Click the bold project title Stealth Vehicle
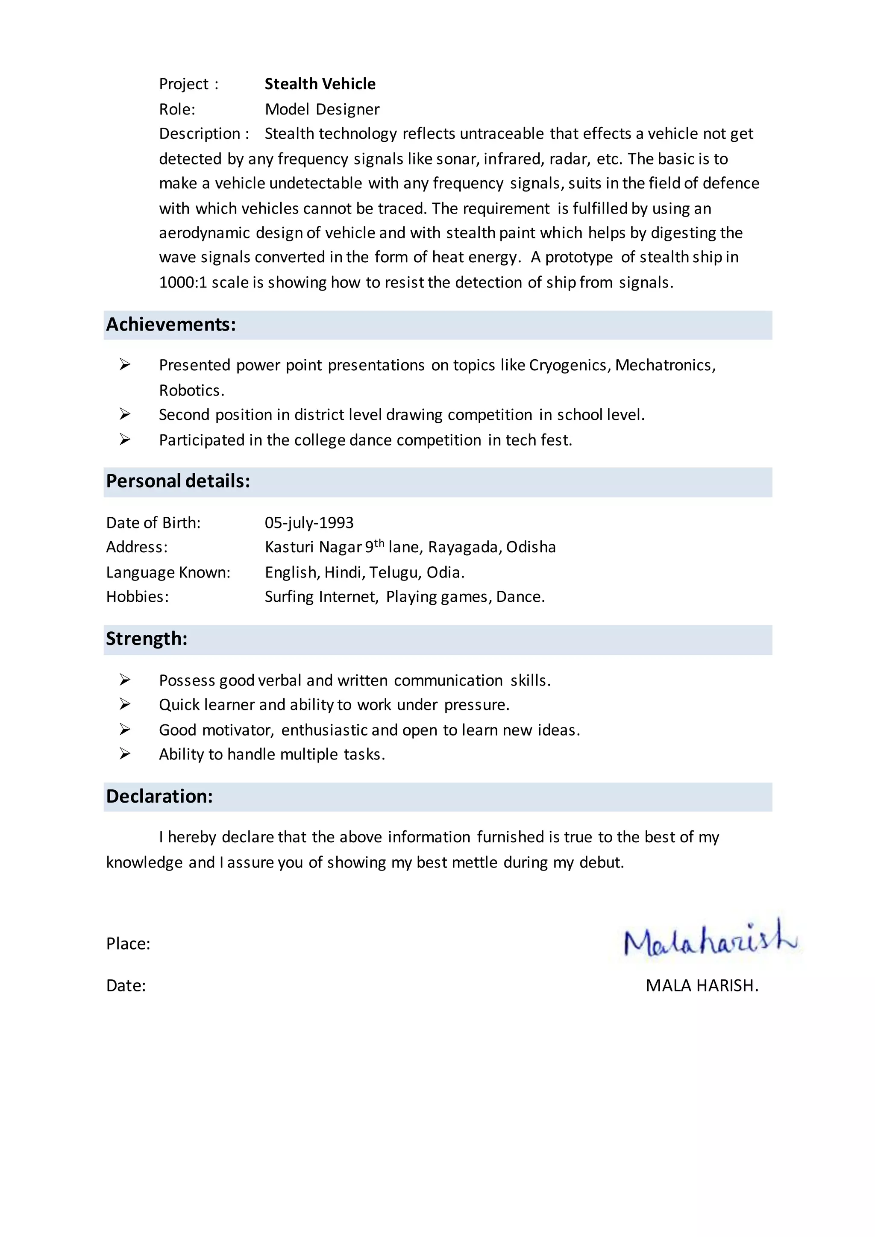320,84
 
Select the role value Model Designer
322,109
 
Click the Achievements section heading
171,324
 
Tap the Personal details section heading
178,481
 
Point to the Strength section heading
147,639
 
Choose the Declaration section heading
159,796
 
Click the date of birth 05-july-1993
309,522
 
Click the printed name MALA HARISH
702,986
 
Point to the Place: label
128,944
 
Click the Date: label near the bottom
126,986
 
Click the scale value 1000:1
183,282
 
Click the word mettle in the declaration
474,862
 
